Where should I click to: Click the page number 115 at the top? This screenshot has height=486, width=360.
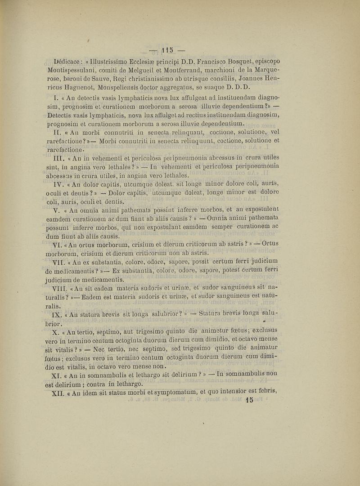[167, 48]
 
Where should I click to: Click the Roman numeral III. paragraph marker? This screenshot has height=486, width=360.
[61, 158]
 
